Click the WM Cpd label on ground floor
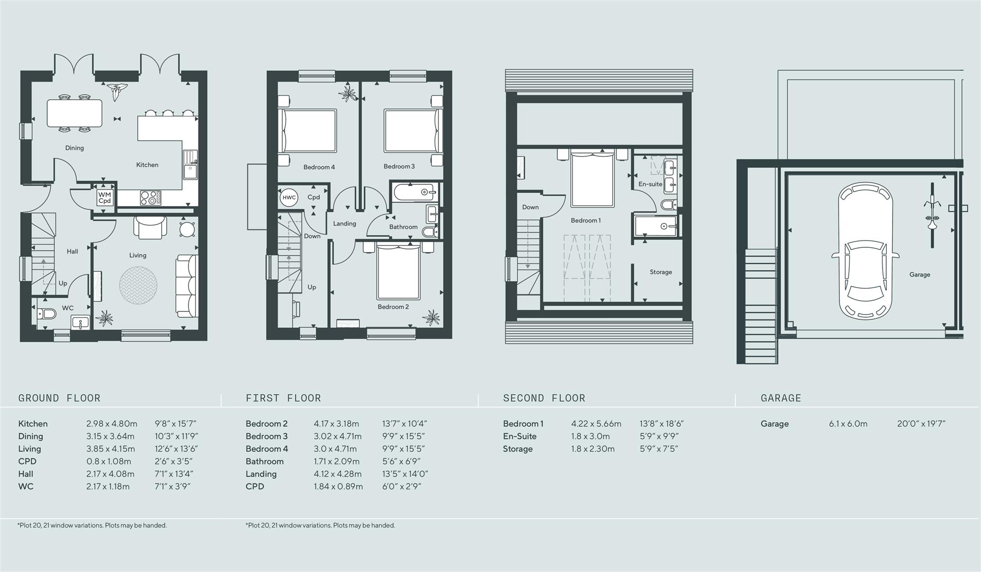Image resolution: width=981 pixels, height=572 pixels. pyautogui.click(x=105, y=198)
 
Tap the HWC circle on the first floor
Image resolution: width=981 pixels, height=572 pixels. pyautogui.click(x=289, y=198)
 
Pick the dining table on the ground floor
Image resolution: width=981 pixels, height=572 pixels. pyautogui.click(x=75, y=113)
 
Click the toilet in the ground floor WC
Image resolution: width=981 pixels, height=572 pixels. pyautogui.click(x=47, y=314)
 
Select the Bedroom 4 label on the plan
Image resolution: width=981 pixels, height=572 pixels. pyautogui.click(x=319, y=167)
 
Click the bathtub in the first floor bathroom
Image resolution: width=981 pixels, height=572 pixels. pyautogui.click(x=414, y=192)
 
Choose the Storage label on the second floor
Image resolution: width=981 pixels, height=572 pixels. pyautogui.click(x=661, y=272)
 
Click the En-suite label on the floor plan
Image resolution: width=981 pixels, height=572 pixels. pyautogui.click(x=650, y=184)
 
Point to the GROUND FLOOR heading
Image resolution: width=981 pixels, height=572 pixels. pyautogui.click(x=59, y=398)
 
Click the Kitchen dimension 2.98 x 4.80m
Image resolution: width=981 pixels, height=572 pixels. pyautogui.click(x=112, y=424)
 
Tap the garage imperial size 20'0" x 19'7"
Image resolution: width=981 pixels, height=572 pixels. pyautogui.click(x=921, y=424)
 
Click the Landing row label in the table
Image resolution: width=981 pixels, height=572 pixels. pyautogui.click(x=261, y=474)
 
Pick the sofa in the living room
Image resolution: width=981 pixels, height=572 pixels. pyautogui.click(x=187, y=286)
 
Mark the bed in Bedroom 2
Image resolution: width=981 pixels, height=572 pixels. pyautogui.click(x=398, y=273)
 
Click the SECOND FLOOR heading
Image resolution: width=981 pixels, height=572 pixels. pyautogui.click(x=544, y=398)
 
